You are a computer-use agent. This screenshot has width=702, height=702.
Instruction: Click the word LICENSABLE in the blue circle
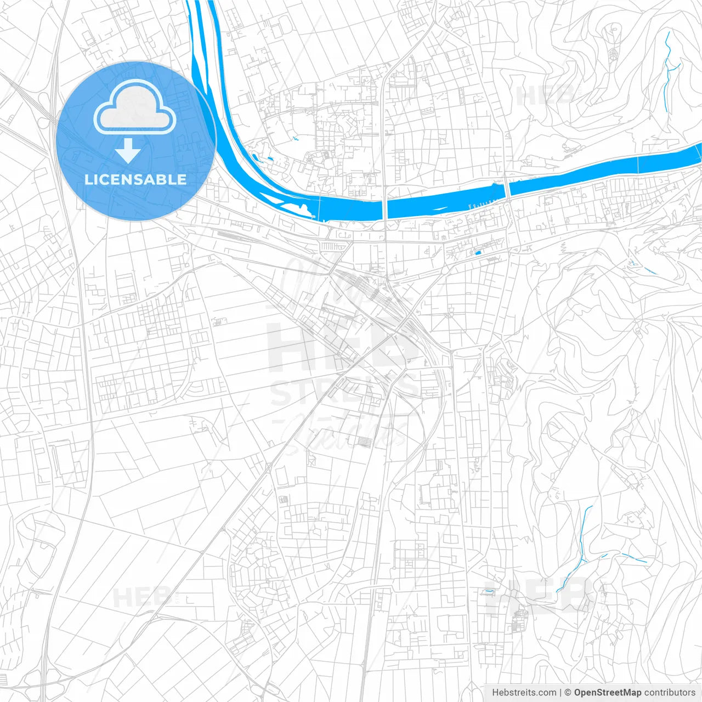click(x=135, y=179)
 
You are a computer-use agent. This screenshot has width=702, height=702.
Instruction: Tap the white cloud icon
click(x=135, y=107)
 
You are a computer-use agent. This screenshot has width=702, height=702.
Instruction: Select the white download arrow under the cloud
click(x=128, y=151)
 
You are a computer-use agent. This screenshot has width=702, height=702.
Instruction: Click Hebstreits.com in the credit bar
click(x=524, y=693)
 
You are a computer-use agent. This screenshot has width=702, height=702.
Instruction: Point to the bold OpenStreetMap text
click(x=607, y=693)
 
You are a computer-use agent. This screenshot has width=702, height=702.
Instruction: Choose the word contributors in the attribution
click(x=670, y=693)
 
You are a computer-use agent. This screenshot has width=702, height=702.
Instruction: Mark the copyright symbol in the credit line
click(x=568, y=693)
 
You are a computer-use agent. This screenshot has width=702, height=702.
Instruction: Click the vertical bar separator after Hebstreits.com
click(x=561, y=693)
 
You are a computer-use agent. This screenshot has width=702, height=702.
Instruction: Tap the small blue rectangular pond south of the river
click(x=477, y=253)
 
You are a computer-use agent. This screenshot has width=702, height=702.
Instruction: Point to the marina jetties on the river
click(x=483, y=203)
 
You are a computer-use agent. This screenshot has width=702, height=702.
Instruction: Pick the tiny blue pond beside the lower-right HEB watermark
click(x=487, y=591)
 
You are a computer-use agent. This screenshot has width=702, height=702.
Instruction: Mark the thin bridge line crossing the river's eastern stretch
click(x=638, y=164)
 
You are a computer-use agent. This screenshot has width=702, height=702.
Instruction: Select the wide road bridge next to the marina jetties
click(x=508, y=190)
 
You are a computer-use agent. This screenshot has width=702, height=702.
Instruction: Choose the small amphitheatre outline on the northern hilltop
click(x=613, y=53)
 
